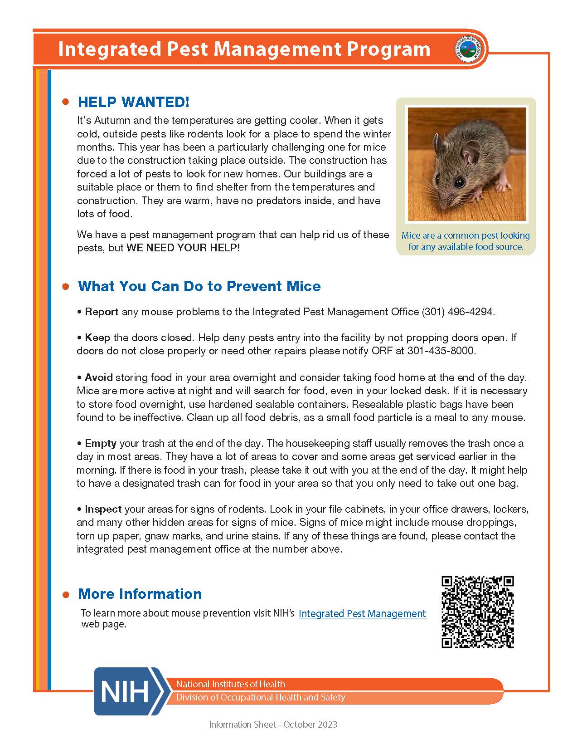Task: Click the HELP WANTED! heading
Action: point(133,102)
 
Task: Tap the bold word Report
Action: point(102,312)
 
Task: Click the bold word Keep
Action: point(97,338)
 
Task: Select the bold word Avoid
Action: point(98,377)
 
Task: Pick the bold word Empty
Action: point(101,443)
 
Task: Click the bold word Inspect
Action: point(103,509)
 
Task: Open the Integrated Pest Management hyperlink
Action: point(362,613)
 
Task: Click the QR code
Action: point(477,612)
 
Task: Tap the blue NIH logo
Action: point(129,691)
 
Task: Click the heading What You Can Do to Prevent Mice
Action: point(199,286)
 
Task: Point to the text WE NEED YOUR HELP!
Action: point(183,248)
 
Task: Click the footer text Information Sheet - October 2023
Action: point(273,725)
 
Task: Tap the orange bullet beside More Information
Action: point(66,594)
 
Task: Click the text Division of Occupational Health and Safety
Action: point(261,697)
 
